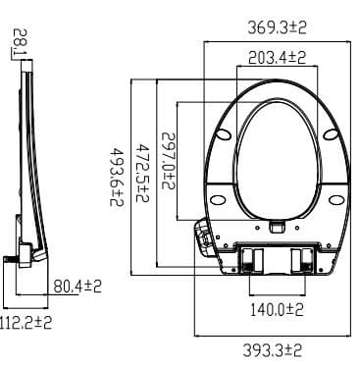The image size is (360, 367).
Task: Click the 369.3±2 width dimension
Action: [277, 28]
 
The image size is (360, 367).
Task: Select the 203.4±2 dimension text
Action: [277, 59]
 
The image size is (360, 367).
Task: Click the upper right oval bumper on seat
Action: [334, 133]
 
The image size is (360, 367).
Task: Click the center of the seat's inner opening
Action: [279, 147]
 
